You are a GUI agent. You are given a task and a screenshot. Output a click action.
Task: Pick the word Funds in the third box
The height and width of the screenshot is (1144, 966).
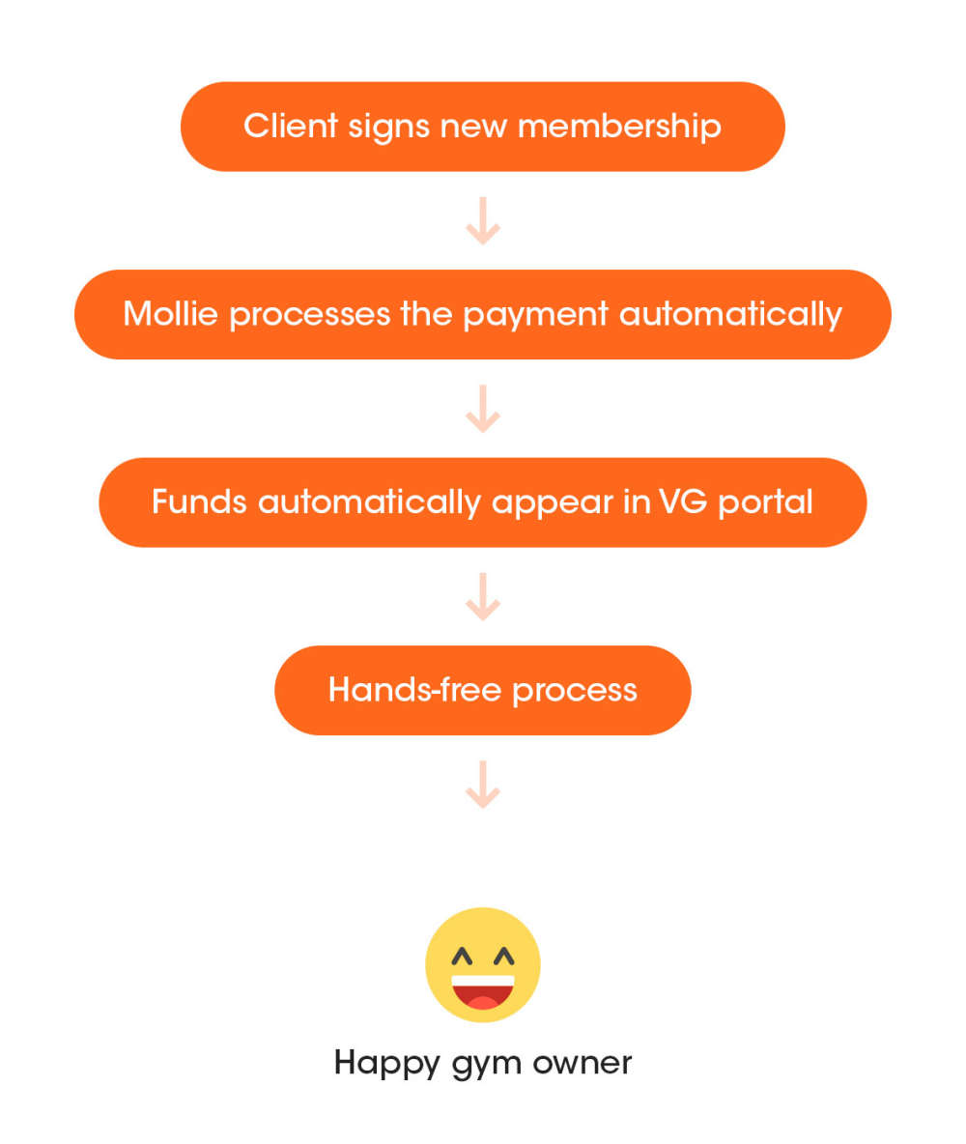(199, 502)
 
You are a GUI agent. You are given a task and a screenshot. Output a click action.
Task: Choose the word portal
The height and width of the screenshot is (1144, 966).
(765, 503)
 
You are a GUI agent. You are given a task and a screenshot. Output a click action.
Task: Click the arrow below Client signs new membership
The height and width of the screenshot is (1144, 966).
(483, 221)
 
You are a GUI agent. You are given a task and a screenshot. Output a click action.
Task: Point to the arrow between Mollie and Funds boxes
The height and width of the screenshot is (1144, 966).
(483, 409)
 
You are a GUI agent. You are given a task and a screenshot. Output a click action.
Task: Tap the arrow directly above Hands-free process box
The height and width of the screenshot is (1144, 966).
(483, 596)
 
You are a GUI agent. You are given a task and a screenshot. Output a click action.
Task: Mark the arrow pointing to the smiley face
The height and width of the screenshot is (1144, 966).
(483, 784)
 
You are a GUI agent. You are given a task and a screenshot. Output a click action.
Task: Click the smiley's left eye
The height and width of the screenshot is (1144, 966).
(464, 957)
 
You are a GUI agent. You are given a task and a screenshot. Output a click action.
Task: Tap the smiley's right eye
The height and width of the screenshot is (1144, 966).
(503, 957)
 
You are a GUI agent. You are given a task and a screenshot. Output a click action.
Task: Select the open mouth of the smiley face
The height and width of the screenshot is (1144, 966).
(483, 991)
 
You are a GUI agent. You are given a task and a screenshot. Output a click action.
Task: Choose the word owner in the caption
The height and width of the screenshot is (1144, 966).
(585, 1063)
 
